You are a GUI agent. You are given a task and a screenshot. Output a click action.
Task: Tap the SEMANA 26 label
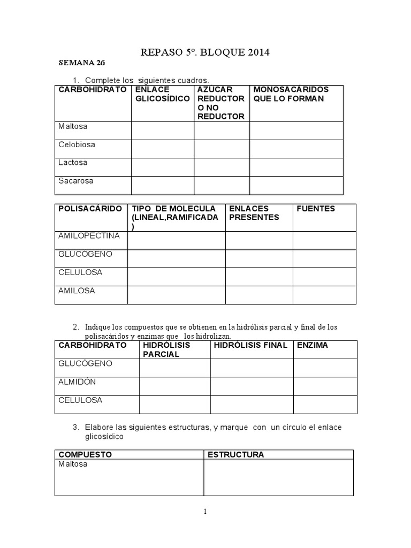(x=81, y=63)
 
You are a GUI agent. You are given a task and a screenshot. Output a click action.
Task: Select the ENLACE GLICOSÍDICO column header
(x=163, y=94)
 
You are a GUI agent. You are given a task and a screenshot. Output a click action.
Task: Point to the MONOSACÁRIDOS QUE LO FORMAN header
(x=291, y=94)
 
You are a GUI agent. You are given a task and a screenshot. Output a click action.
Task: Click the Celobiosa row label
(x=77, y=144)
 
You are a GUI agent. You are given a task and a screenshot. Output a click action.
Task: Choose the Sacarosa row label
(x=75, y=181)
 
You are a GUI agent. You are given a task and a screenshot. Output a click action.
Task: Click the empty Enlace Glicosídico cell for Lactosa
(x=163, y=167)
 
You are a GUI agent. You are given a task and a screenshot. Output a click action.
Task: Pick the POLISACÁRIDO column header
(x=90, y=209)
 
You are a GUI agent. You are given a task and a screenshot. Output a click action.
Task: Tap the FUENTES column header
(x=316, y=209)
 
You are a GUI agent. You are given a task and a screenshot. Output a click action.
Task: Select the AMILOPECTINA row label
(x=89, y=236)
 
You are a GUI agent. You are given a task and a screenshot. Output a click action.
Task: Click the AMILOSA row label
(x=77, y=291)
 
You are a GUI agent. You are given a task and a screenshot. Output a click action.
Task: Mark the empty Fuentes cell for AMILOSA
(x=324, y=295)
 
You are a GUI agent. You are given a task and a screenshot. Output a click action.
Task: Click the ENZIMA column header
(x=313, y=346)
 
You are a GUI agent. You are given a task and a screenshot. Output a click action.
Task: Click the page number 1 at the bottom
(x=205, y=512)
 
